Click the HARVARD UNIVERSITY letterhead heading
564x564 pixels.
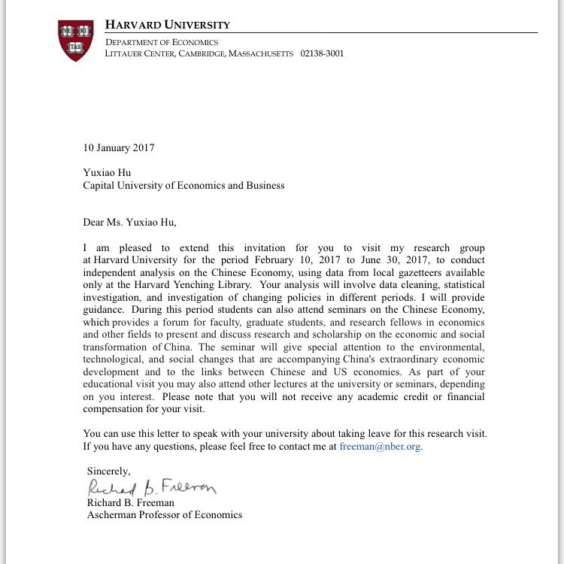168,25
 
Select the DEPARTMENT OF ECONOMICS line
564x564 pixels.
162,42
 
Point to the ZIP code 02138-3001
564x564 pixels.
322,53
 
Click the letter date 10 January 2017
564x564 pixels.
118,147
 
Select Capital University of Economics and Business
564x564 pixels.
183,185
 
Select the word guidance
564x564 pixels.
106,310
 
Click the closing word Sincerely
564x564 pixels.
108,471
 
